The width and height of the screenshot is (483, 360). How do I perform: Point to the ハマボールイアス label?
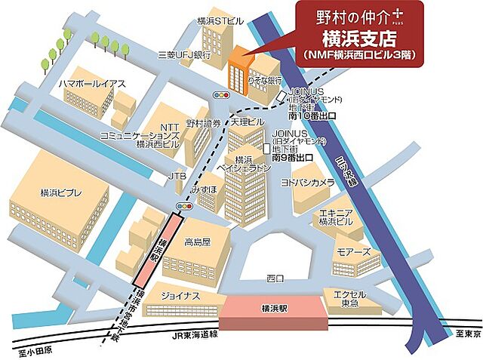pyautogui.click(x=92, y=85)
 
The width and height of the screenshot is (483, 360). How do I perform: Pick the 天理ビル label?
pyautogui.click(x=248, y=122)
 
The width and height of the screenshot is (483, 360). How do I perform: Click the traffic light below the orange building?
pyautogui.click(x=222, y=96)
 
